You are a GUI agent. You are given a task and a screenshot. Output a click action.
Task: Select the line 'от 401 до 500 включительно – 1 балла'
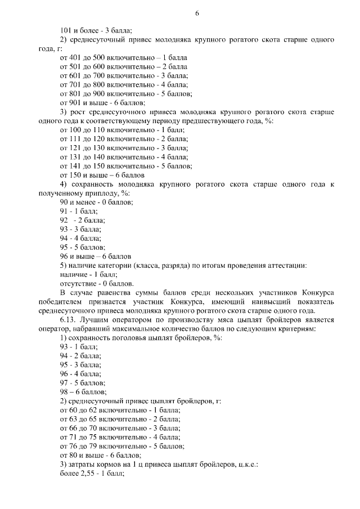click(x=123, y=58)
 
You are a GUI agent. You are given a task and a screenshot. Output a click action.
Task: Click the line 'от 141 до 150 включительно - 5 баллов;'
click(x=126, y=166)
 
